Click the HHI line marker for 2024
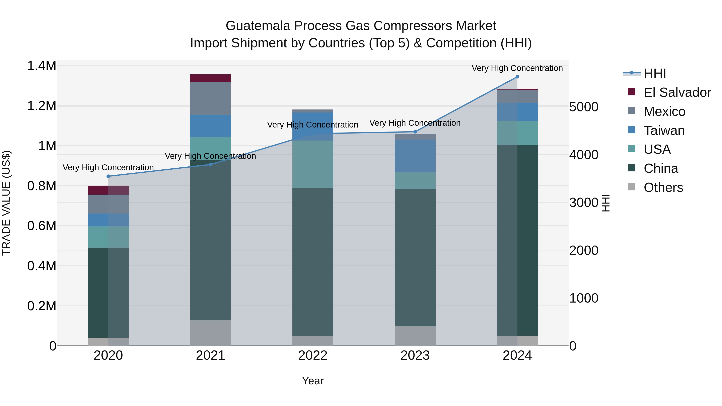tap(517, 77)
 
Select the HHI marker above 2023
tap(415, 132)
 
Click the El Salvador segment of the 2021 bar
tap(211, 78)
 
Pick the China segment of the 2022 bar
tap(313, 262)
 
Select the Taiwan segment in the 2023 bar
tap(415, 156)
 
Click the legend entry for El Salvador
tap(677, 92)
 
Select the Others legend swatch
tap(632, 187)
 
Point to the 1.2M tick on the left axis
tap(42, 106)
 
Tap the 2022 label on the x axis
tap(313, 355)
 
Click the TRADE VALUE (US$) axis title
tap(6, 203)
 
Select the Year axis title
tap(313, 381)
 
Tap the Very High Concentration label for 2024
tap(517, 68)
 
